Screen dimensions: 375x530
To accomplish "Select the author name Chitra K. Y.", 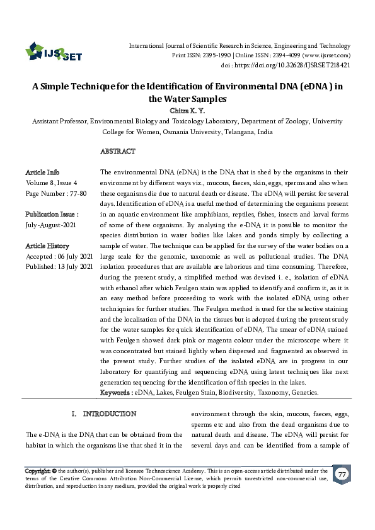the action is click(188, 110).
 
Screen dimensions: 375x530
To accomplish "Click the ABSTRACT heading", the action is click(118, 152).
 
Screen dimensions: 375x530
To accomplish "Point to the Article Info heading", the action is click(42, 172).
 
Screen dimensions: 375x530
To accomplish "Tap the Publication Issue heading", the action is click(52, 215).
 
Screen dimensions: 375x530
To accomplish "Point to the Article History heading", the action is click(47, 245).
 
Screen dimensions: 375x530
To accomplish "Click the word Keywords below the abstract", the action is click(115, 392).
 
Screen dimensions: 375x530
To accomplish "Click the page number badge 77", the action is click(341, 475).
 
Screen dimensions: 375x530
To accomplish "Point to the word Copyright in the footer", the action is click(37, 471).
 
